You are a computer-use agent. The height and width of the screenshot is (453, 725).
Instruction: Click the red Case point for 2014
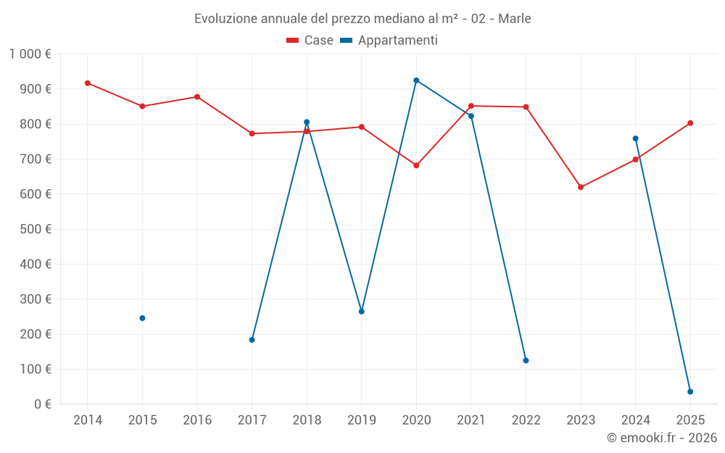(x=88, y=83)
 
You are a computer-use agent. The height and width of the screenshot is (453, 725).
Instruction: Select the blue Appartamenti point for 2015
(x=142, y=318)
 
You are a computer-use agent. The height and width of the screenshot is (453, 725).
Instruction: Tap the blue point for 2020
(x=416, y=80)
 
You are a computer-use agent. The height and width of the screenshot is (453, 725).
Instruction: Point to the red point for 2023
(x=581, y=187)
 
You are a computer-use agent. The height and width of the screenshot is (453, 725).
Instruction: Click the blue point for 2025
(x=690, y=391)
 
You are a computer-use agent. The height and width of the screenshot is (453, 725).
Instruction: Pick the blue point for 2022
(x=526, y=360)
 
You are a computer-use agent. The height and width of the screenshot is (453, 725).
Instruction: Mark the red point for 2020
(x=416, y=165)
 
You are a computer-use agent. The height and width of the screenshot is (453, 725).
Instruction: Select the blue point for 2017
(x=252, y=340)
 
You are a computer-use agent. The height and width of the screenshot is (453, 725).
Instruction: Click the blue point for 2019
(x=362, y=312)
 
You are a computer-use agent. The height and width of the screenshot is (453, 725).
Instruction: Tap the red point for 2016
(x=197, y=97)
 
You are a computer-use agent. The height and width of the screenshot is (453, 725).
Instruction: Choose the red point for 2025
(x=690, y=123)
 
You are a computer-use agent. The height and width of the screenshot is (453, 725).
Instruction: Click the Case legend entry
(x=310, y=40)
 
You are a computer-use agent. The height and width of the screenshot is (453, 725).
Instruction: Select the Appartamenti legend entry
(x=389, y=40)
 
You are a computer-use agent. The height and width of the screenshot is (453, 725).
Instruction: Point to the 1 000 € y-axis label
(x=30, y=54)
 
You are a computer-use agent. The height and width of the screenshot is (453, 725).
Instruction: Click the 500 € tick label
(x=36, y=229)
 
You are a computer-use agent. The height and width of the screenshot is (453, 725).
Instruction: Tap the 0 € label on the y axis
(x=43, y=404)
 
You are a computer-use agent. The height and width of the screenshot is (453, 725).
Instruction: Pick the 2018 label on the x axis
(x=307, y=420)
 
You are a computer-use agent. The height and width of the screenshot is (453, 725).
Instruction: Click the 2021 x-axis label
(x=471, y=420)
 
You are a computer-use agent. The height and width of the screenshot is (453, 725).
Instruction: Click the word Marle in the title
(x=515, y=19)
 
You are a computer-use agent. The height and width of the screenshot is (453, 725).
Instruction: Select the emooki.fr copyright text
(x=662, y=438)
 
